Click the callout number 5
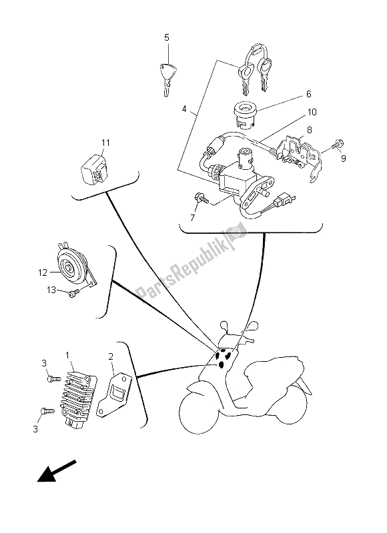(167, 37)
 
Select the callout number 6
(308, 94)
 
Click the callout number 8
(308, 132)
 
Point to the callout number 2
(111, 357)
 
